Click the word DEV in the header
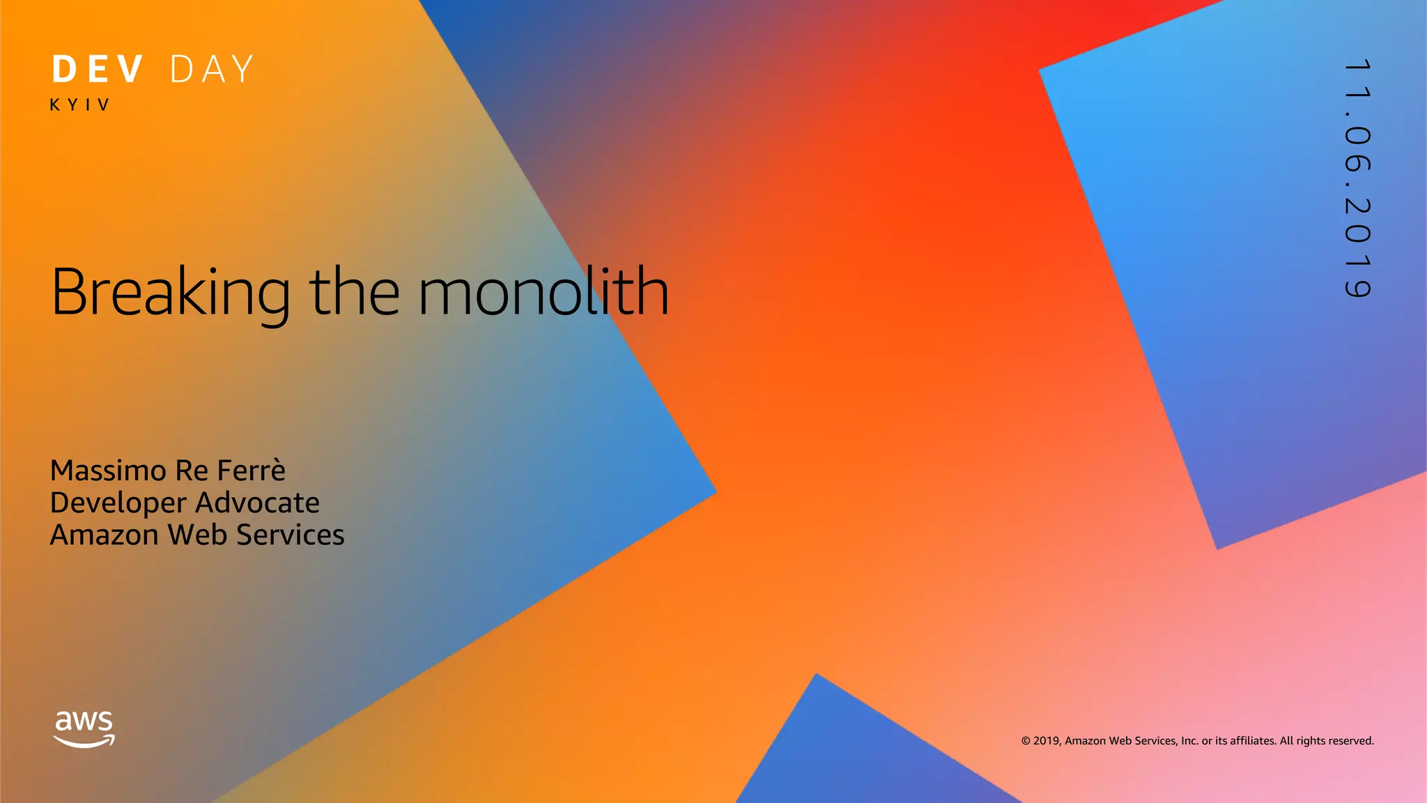pyautogui.click(x=98, y=70)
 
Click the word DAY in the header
pyautogui.click(x=213, y=70)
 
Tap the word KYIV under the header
pyautogui.click(x=80, y=105)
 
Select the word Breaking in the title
pyautogui.click(x=171, y=293)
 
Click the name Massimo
pyautogui.click(x=108, y=471)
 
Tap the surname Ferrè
pyautogui.click(x=251, y=471)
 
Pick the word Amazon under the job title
pyautogui.click(x=105, y=535)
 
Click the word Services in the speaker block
pyautogui.click(x=290, y=535)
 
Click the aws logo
pyautogui.click(x=84, y=721)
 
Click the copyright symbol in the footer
pyautogui.click(x=1026, y=741)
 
